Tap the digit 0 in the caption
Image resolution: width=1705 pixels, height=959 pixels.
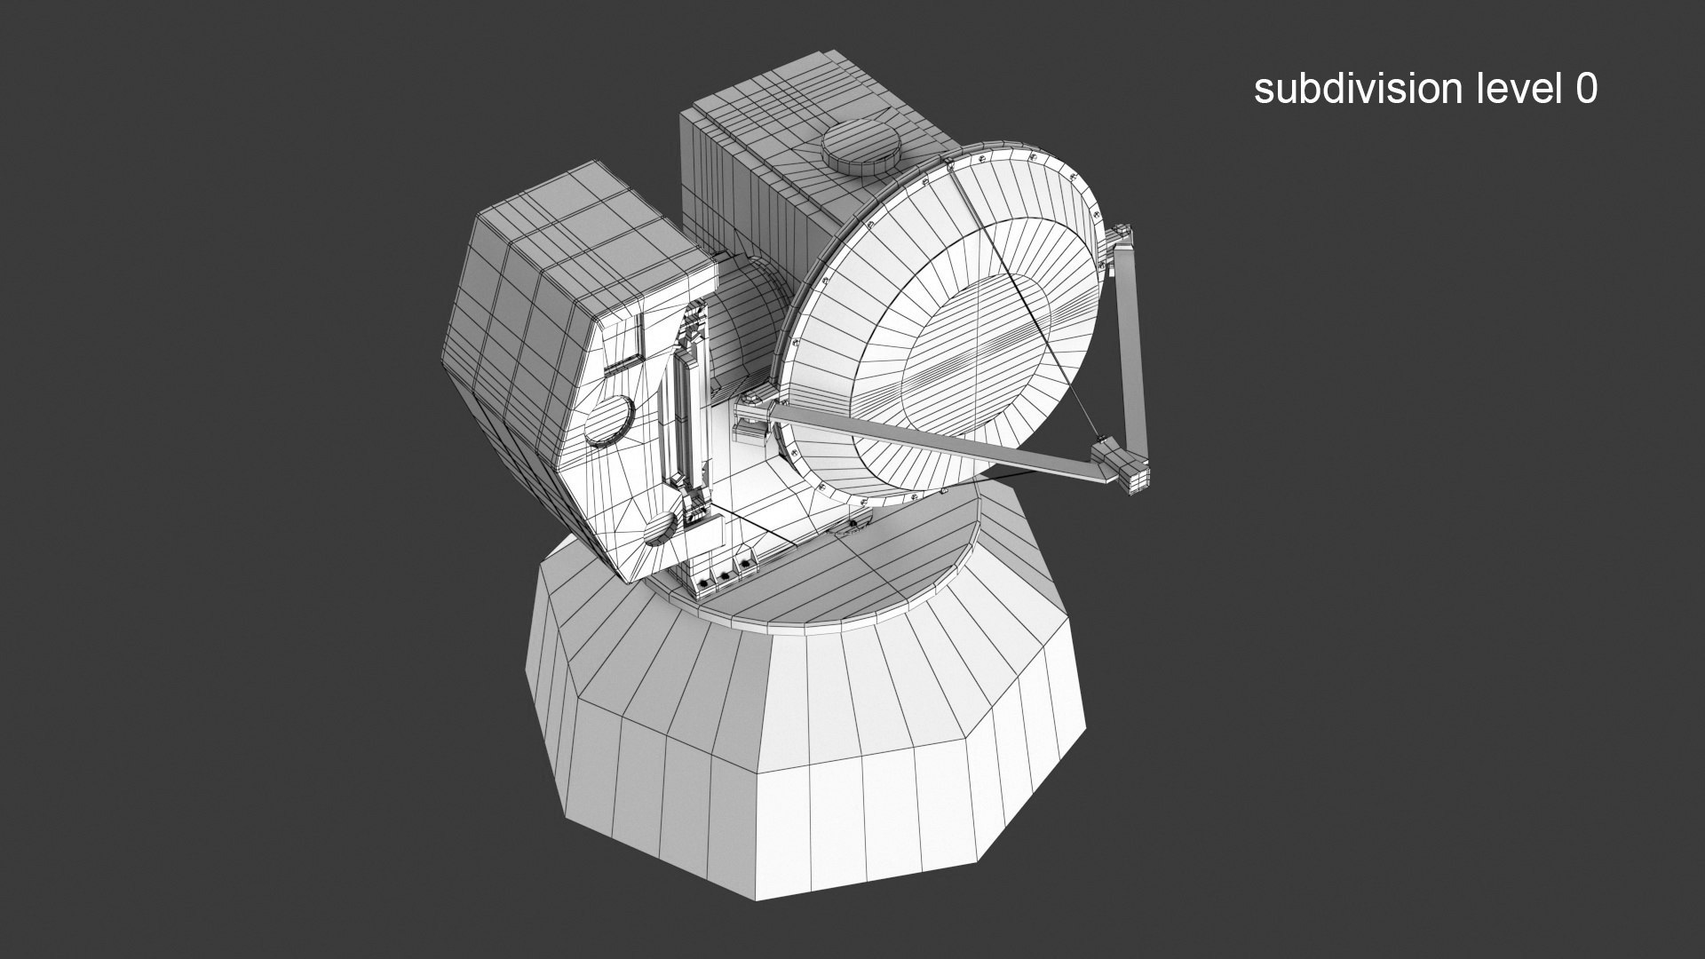(x=1586, y=89)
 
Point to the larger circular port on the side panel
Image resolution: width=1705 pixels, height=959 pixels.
(x=609, y=420)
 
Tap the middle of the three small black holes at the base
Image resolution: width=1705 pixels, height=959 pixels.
(x=725, y=576)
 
